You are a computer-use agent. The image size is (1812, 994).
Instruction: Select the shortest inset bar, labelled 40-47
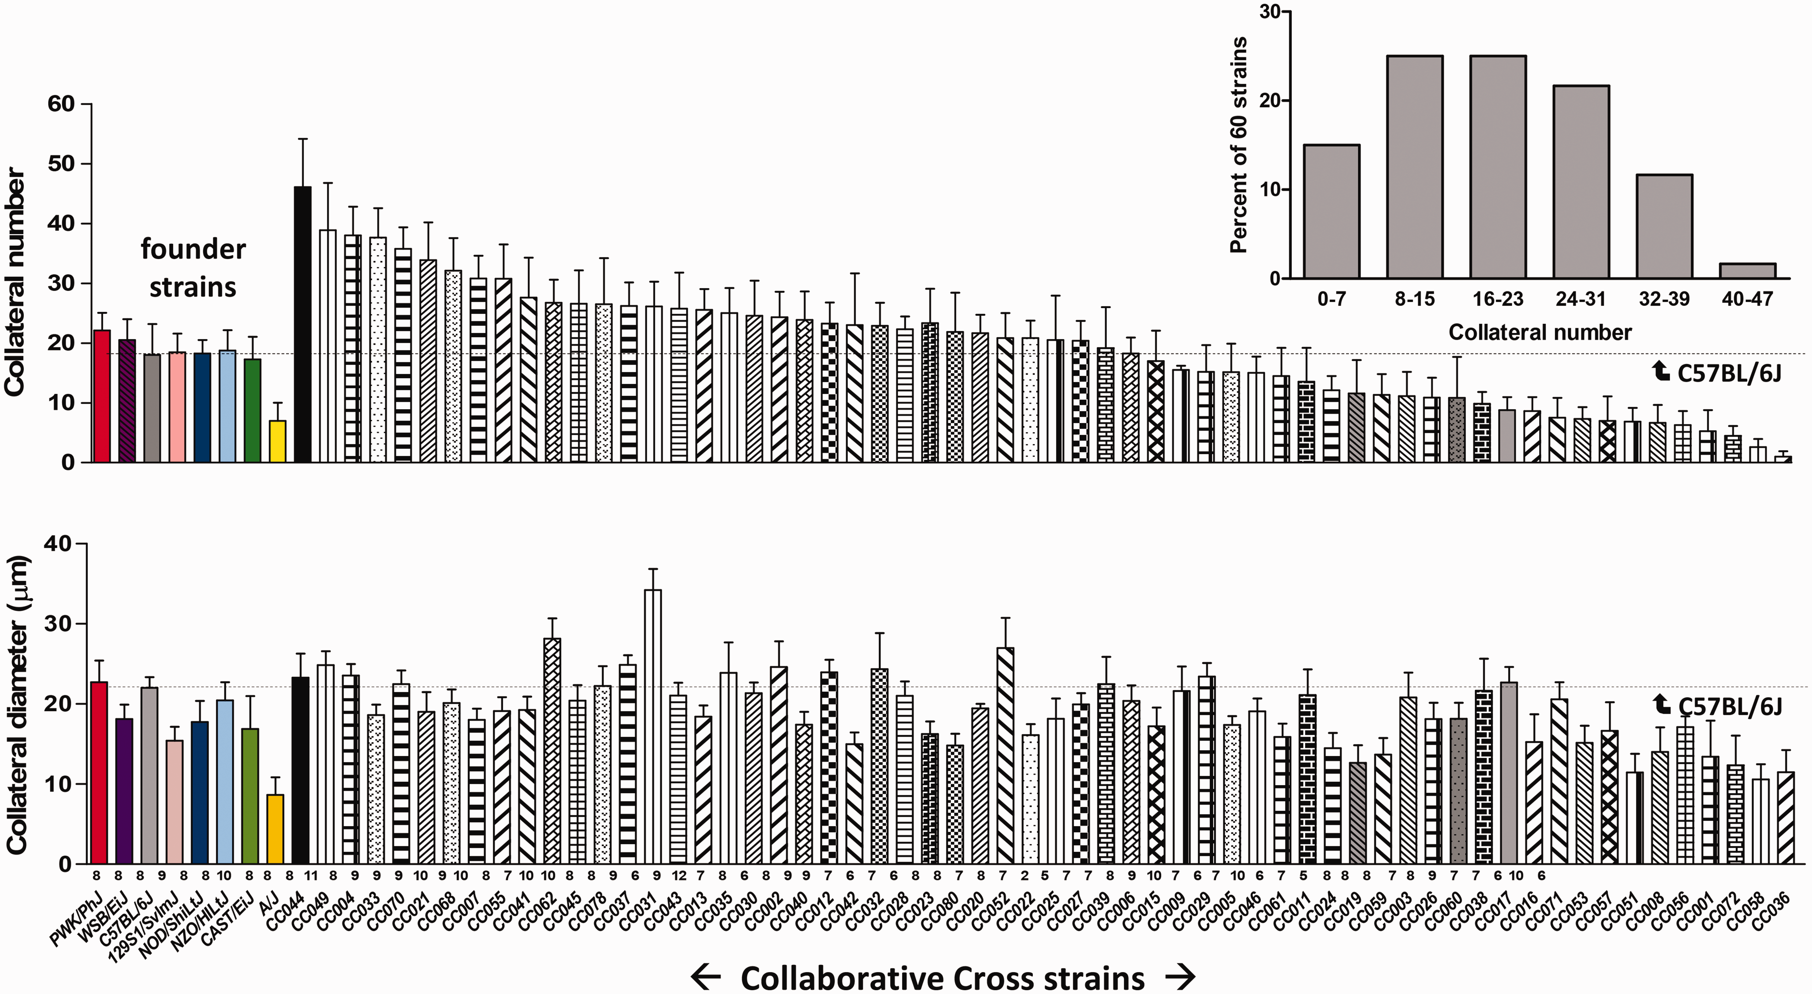tap(1747, 271)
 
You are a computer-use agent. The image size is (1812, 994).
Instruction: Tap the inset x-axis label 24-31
tap(1581, 299)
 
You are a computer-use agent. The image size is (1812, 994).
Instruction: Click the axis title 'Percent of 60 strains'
tap(1239, 145)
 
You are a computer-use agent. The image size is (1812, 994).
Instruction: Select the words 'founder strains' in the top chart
tap(193, 268)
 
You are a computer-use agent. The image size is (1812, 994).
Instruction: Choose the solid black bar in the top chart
tap(302, 324)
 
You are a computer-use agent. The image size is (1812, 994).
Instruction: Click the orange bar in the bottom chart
tap(275, 828)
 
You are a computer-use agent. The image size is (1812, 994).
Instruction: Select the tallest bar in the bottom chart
tap(653, 727)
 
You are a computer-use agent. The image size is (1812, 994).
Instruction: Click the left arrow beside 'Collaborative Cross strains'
tap(706, 976)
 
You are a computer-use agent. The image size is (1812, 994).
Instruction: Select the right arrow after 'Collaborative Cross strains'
tap(1180, 976)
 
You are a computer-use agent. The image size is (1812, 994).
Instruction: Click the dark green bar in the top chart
tap(253, 411)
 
